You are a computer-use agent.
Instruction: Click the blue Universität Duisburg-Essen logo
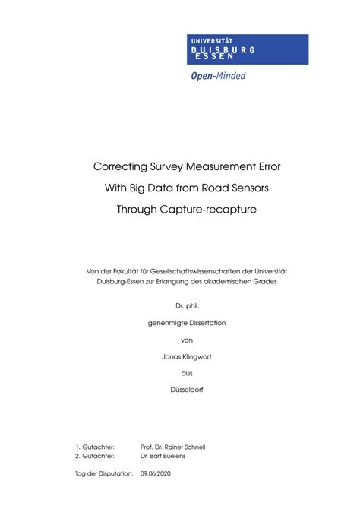tap(248, 49)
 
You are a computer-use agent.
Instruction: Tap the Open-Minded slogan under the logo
tap(218, 75)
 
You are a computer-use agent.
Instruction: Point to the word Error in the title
tap(254, 166)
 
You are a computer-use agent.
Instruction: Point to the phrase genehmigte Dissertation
tap(181, 323)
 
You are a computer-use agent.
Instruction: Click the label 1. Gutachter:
tap(95, 447)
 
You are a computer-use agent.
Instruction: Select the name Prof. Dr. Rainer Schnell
tap(173, 447)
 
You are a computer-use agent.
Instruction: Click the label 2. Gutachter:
tap(95, 457)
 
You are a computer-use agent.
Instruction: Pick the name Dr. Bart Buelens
tap(164, 457)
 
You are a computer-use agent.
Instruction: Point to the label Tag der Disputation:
tap(104, 473)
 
